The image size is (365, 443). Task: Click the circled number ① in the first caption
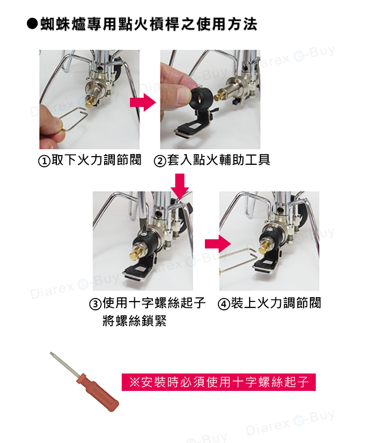(x=44, y=160)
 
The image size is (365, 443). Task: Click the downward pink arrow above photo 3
(x=181, y=187)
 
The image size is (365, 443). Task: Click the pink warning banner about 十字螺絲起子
(x=219, y=382)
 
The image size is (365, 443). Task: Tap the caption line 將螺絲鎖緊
(x=134, y=321)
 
